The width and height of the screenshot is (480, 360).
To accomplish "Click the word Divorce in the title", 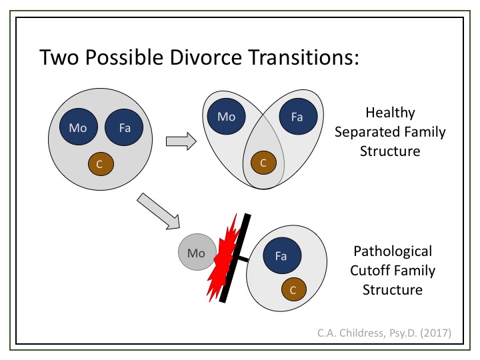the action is pos(206,57).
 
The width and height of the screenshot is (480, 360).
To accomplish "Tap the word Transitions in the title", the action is pos(303,57).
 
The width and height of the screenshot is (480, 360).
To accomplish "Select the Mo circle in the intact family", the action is pos(79,127).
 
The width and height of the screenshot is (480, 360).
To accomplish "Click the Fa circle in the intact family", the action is pos(124,127).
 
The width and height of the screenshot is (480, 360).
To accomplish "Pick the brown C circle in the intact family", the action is pos(101,164).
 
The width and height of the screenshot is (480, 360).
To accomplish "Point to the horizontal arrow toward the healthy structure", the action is pos(181,141).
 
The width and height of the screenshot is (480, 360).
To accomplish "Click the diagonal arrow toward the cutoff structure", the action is pos(159,211).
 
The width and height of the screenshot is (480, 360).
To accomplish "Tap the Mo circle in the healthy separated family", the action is pos(226,116).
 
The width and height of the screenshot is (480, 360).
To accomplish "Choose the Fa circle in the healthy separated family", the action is pos(298,116).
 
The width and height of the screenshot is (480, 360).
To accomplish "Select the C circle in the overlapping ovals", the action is pos(263,163).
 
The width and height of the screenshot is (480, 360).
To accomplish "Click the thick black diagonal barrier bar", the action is pos(235,259).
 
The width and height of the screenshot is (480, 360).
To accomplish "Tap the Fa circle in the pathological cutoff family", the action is pos(282,255).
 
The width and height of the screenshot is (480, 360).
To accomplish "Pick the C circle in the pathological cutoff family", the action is pos(294,289).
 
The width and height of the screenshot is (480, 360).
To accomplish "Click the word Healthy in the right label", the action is pos(390,113).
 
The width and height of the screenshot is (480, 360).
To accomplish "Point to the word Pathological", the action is pos(393,251).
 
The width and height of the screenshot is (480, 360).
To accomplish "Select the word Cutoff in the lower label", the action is pos(370,271).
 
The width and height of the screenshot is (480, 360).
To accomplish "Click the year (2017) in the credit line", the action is pos(435,333).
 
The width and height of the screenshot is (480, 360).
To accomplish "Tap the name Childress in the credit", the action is pos(362,333).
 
